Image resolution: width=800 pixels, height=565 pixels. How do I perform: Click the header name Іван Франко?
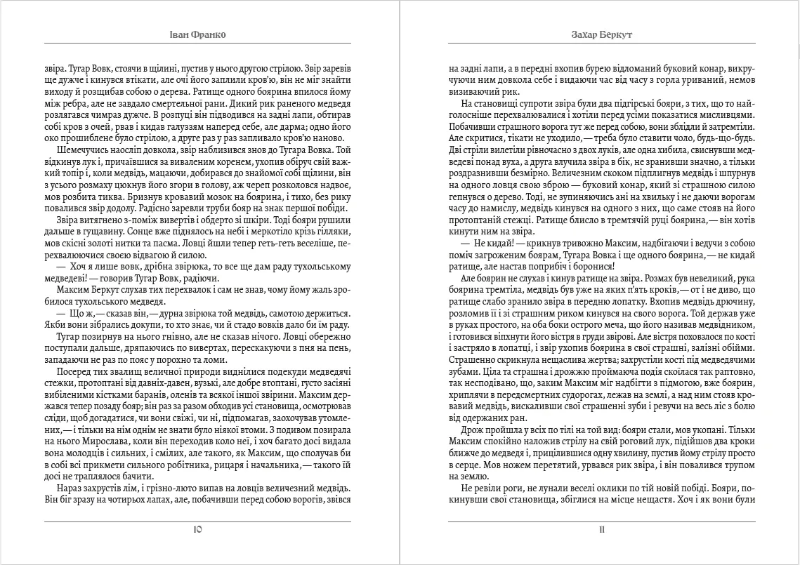tap(197, 35)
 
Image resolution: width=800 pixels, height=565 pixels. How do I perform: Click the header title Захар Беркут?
tap(601, 35)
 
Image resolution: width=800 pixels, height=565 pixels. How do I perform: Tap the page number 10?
tap(197, 530)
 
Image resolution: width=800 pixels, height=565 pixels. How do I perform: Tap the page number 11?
tap(601, 530)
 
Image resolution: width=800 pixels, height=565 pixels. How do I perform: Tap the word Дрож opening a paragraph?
tap(472, 428)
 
